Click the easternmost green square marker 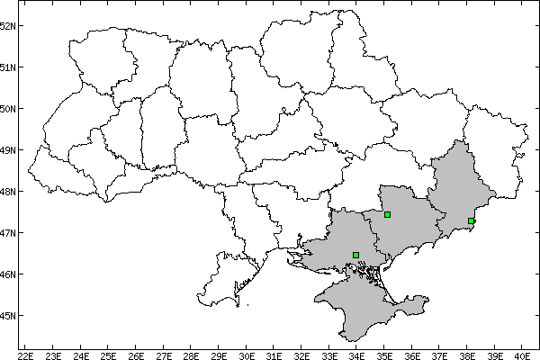(x=471, y=220)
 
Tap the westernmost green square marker (x=356, y=255)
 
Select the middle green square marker (x=387, y=214)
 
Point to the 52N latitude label (x=9, y=25)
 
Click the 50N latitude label (x=9, y=108)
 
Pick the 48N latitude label (x=9, y=191)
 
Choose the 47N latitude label (x=9, y=232)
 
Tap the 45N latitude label (x=9, y=315)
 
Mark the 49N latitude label (x=9, y=149)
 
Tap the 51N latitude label (x=9, y=67)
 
